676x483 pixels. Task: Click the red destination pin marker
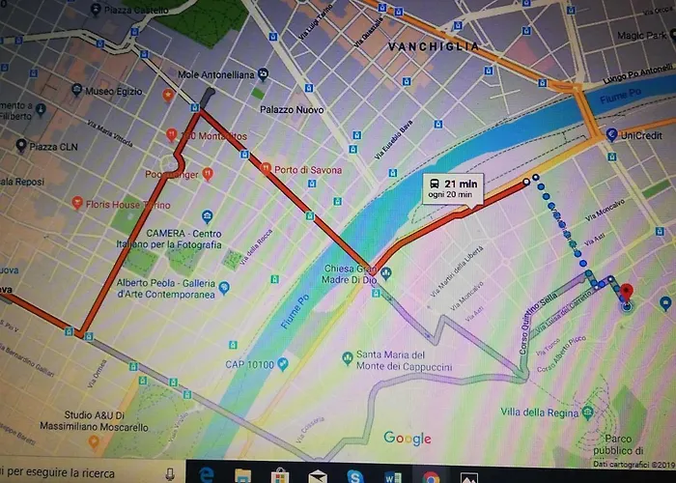click(625, 293)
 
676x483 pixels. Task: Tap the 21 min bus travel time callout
click(452, 188)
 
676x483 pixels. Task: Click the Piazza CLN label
click(53, 146)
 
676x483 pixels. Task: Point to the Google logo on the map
click(407, 438)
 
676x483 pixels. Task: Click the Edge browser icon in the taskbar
click(206, 474)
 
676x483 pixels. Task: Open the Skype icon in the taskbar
click(354, 474)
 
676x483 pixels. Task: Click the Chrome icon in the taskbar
click(430, 474)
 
